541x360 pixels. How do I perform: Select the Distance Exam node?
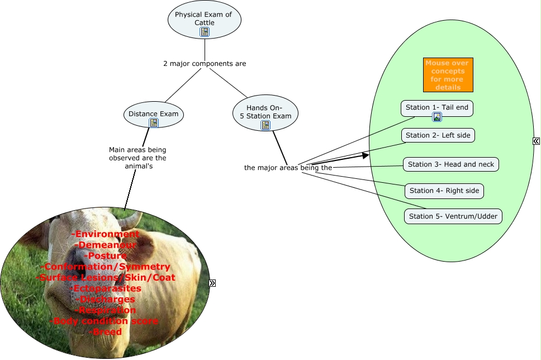pos(154,113)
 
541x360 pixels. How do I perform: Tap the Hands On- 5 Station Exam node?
pos(265,111)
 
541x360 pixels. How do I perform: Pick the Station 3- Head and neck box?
pos(450,164)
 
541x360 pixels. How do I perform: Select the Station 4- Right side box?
pos(444,191)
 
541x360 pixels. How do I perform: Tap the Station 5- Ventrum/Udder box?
pos(453,216)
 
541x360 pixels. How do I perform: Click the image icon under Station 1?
pos(437,117)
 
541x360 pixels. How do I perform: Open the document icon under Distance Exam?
pos(154,123)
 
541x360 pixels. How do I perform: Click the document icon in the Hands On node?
pos(265,125)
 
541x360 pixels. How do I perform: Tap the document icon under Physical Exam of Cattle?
pos(205,32)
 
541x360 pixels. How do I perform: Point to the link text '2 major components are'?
pos(205,64)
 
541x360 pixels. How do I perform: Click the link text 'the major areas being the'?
pos(288,167)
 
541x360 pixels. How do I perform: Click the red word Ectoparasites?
pos(107,288)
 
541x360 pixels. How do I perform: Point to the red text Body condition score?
pos(105,321)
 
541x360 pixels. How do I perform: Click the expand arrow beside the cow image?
pos(212,283)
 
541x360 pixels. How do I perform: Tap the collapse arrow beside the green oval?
pos(535,141)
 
